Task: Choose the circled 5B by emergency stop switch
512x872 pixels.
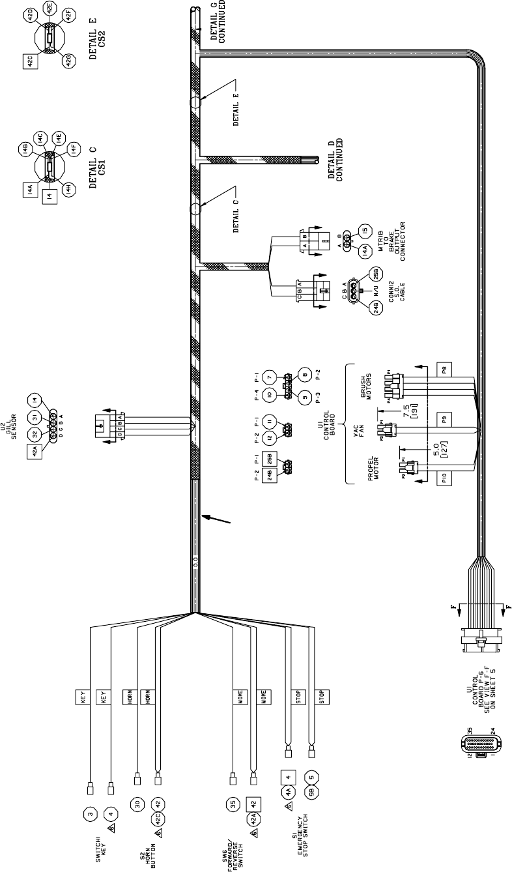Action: [313, 796]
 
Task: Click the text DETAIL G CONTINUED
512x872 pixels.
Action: [220, 22]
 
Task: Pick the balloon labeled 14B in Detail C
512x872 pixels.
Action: [26, 149]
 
